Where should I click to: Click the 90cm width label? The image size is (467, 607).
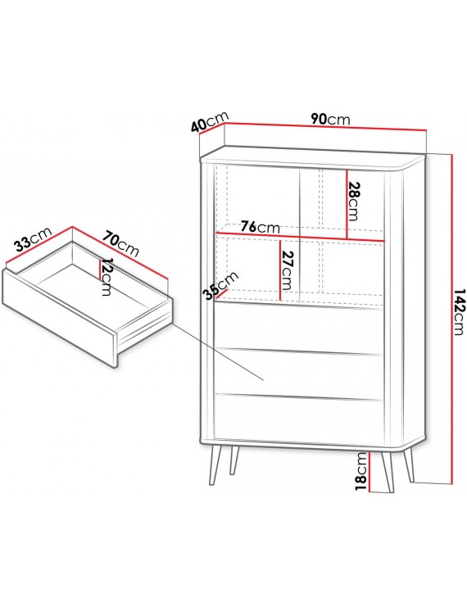point(330,119)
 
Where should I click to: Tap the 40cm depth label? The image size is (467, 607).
point(211,121)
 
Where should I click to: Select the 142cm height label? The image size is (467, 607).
point(460,311)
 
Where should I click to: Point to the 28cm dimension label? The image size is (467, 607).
point(354,201)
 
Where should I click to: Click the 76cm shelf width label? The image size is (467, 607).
point(260,227)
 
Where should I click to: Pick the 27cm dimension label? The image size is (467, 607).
point(288,271)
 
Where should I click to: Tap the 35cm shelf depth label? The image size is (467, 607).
point(221,286)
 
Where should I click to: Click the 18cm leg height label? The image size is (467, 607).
point(360,472)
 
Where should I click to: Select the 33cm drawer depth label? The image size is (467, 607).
point(33,240)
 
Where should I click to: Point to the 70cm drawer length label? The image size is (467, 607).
point(120,244)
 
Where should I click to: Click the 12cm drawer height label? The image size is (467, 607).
point(106,277)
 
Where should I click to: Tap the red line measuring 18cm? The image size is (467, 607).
point(370,472)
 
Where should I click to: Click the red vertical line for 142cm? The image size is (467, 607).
point(451,318)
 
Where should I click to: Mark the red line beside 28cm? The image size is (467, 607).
point(347,204)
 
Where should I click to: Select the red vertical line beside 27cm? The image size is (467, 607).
point(279,270)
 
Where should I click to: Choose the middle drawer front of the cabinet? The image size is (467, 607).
point(298,373)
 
